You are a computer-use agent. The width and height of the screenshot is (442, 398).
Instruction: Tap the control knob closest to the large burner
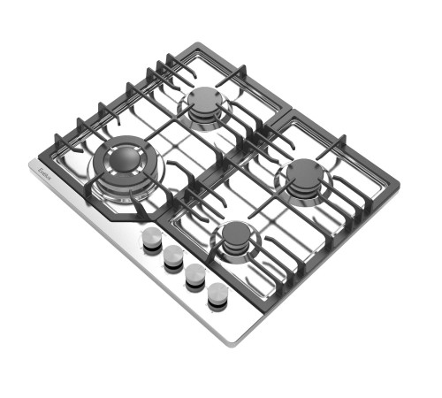pyautogui.click(x=152, y=238)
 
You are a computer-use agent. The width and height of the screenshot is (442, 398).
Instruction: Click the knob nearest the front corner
pyautogui.click(x=217, y=293)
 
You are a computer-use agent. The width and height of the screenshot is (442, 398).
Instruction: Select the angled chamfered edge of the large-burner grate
pyautogui.click(x=118, y=213)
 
